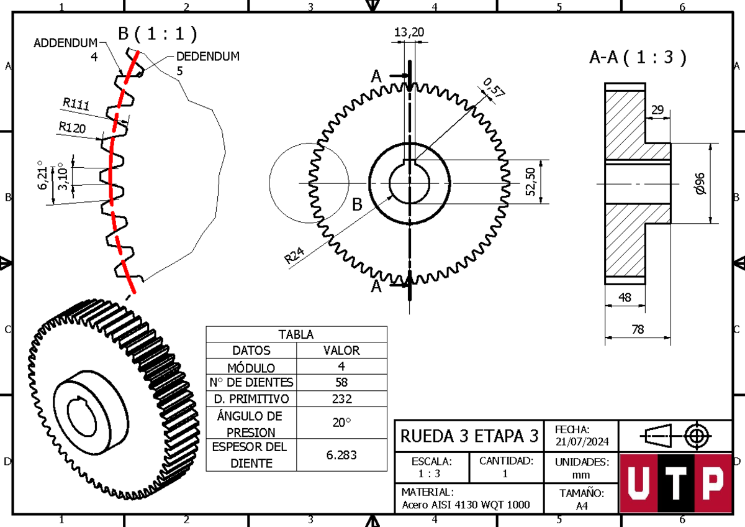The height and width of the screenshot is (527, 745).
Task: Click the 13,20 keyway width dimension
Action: pos(410,32)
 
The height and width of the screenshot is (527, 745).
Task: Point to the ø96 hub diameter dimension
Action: pos(700,183)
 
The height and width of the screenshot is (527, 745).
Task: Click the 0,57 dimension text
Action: pos(494,88)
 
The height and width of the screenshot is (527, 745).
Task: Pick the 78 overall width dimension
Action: pos(638,330)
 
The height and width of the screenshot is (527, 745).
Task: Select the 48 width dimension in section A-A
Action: pos(625,298)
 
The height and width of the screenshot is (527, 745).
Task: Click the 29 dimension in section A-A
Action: pos(657,110)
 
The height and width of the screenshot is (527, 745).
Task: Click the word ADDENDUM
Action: pos(65,43)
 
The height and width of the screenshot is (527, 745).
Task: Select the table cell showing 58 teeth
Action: pos(341,382)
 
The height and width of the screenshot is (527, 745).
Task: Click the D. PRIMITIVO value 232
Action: pos(341,398)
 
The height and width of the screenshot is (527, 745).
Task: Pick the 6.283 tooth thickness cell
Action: pos(341,455)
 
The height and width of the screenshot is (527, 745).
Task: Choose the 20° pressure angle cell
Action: pos(341,422)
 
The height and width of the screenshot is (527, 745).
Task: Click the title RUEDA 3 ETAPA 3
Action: pos(469,435)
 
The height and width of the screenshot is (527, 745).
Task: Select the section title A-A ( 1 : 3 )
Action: pos(638,58)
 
